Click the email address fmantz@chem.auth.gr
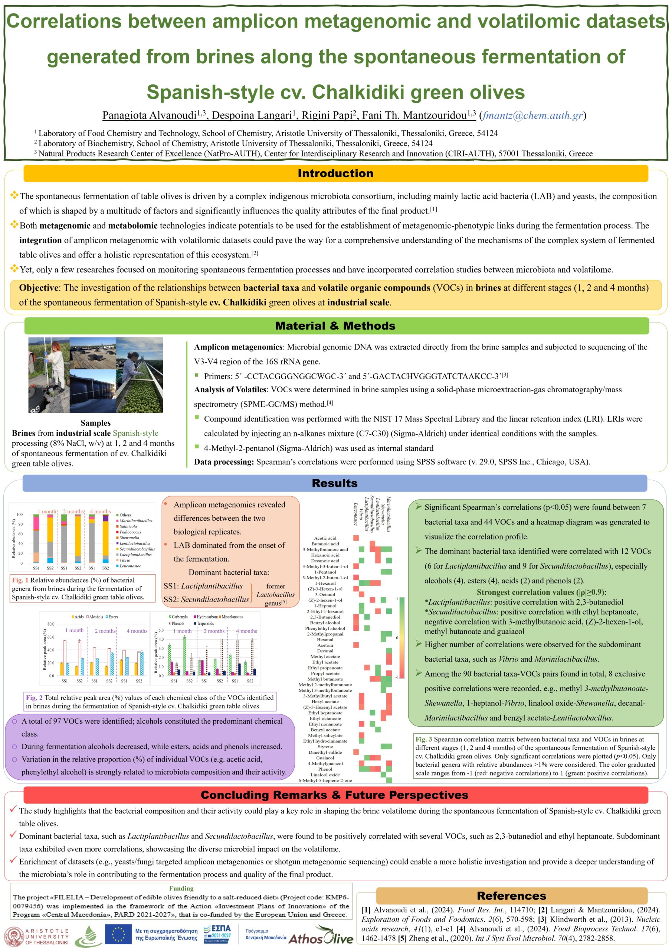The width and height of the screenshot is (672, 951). pos(532,115)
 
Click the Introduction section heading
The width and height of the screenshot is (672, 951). pos(335,173)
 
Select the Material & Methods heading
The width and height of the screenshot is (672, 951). pos(335,326)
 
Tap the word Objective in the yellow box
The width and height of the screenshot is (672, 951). pos(39,288)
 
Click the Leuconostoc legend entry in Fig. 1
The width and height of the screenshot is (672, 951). pos(130,566)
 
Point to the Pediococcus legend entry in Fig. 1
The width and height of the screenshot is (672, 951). pos(130,532)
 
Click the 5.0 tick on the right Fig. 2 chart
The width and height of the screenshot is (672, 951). pos(161,630)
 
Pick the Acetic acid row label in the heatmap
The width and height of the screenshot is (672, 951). pos(325,538)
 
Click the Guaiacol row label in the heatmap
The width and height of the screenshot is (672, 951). pos(325,758)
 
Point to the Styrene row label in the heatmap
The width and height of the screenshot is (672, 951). pos(325,747)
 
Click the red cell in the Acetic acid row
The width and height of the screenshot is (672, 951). pos(356,538)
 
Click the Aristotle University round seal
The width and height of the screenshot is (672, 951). pos(14,936)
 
